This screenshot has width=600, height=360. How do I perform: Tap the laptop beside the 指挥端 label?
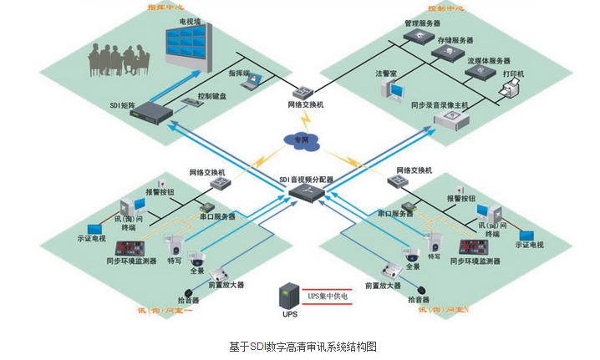[x=253, y=81]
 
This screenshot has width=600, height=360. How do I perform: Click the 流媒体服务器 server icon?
[x=479, y=73]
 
